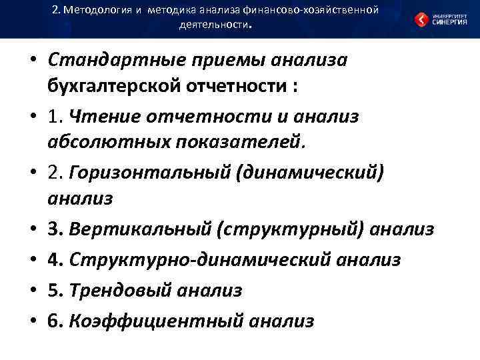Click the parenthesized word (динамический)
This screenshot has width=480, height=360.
pyautogui.click(x=307, y=173)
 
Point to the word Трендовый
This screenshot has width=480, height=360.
pyautogui.click(x=122, y=291)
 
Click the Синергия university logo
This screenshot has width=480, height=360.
pyautogui.click(x=439, y=19)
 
